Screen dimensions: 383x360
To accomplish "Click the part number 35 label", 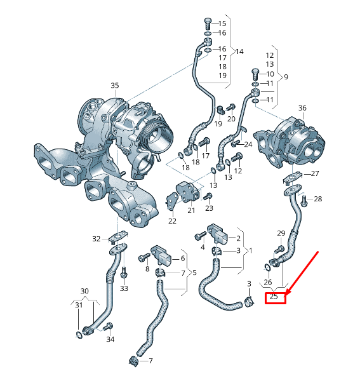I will coord(114,85).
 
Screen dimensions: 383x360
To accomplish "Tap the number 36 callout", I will coord(302,109).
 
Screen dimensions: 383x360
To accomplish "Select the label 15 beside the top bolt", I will coord(222,24).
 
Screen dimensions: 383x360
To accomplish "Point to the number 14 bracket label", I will coord(239,51).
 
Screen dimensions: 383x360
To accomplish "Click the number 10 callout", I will coord(270,74).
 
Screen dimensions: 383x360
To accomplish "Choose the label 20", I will coord(231,119).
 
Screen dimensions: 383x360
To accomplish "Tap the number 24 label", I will coord(248,144).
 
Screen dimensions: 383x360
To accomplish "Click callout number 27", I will coord(316,173).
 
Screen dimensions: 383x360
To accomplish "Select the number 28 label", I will coord(318,199).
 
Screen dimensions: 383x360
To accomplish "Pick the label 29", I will coord(281,234).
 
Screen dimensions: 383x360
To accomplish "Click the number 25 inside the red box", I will coord(274,297).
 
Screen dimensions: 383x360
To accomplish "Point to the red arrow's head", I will coord(288,293).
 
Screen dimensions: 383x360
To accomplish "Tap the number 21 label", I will coord(191,210).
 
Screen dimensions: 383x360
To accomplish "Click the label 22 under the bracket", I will coord(172,221).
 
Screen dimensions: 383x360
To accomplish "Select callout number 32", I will coord(96,239).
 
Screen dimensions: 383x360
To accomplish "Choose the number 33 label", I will coord(124,288).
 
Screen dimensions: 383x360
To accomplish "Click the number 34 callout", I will coord(110,340).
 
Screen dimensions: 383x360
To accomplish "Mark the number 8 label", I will coord(148,269).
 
